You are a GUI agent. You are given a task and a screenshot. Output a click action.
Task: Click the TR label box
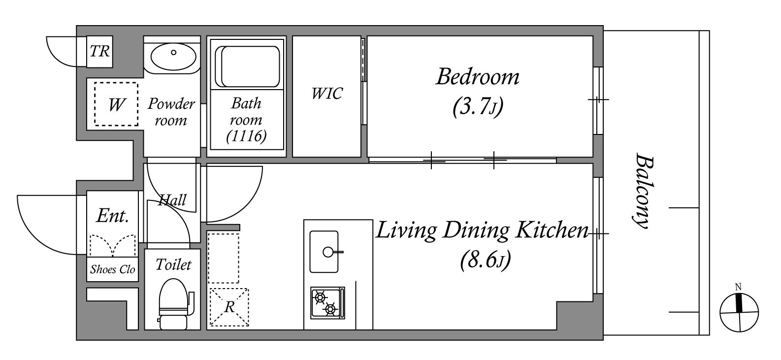99,52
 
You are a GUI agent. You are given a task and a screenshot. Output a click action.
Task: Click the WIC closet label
327,94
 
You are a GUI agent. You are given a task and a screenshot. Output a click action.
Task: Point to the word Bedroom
478,77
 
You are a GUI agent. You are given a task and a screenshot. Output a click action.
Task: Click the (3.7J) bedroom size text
478,107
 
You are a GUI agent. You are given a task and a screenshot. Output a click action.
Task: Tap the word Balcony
642,191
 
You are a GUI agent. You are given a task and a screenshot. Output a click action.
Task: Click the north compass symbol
739,311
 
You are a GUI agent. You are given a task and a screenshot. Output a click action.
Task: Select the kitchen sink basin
324,252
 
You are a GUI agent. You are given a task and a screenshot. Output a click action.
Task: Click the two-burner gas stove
328,303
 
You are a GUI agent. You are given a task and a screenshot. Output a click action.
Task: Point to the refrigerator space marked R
229,307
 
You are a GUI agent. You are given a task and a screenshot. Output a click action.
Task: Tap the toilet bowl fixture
176,303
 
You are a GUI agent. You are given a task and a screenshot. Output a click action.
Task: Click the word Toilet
173,265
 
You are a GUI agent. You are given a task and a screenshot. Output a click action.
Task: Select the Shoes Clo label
112,269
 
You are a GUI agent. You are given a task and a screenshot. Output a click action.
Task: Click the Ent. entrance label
113,216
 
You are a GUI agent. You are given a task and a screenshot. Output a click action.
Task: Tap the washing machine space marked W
116,104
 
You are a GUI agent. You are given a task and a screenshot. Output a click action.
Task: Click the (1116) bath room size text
247,136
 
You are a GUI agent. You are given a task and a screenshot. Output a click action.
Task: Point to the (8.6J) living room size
486,260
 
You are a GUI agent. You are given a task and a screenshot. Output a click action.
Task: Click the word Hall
172,200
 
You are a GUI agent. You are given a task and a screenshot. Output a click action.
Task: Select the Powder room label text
171,112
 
